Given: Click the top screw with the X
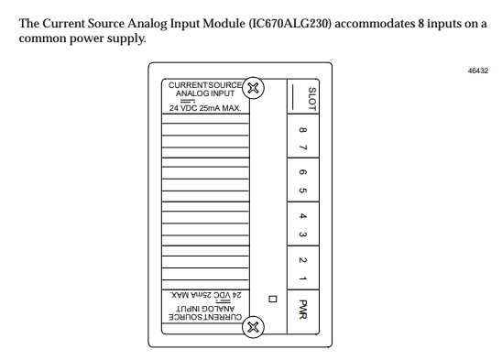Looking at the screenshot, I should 254,88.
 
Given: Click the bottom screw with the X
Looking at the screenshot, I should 254,326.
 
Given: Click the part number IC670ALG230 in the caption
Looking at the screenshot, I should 280,23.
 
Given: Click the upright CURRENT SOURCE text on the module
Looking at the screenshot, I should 203,84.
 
